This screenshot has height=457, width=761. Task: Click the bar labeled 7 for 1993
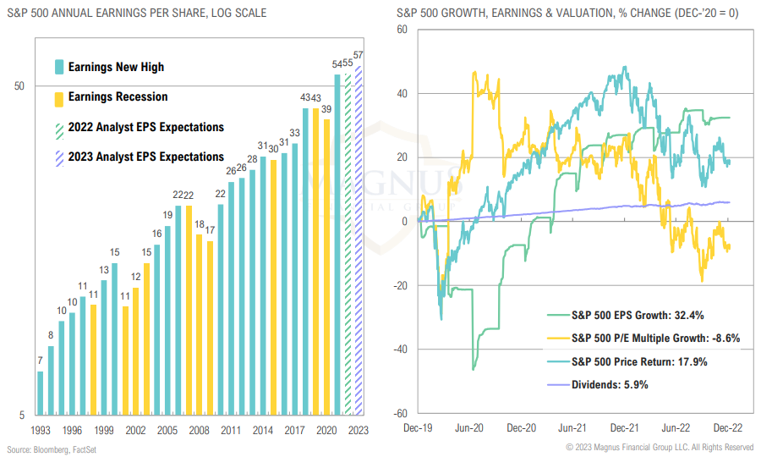[x=40, y=393]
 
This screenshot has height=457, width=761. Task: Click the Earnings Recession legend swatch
[x=58, y=98]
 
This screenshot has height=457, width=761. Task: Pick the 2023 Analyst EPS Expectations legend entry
[x=145, y=157]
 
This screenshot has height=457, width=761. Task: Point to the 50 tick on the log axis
[x=19, y=86]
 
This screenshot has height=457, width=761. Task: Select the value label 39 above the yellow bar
[x=326, y=109]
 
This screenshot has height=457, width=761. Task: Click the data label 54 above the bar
[x=337, y=64]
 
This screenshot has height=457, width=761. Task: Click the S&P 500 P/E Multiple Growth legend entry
[x=656, y=339]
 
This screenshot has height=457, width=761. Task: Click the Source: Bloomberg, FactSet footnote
[x=53, y=449]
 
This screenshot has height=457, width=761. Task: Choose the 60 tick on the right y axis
[x=402, y=29]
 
